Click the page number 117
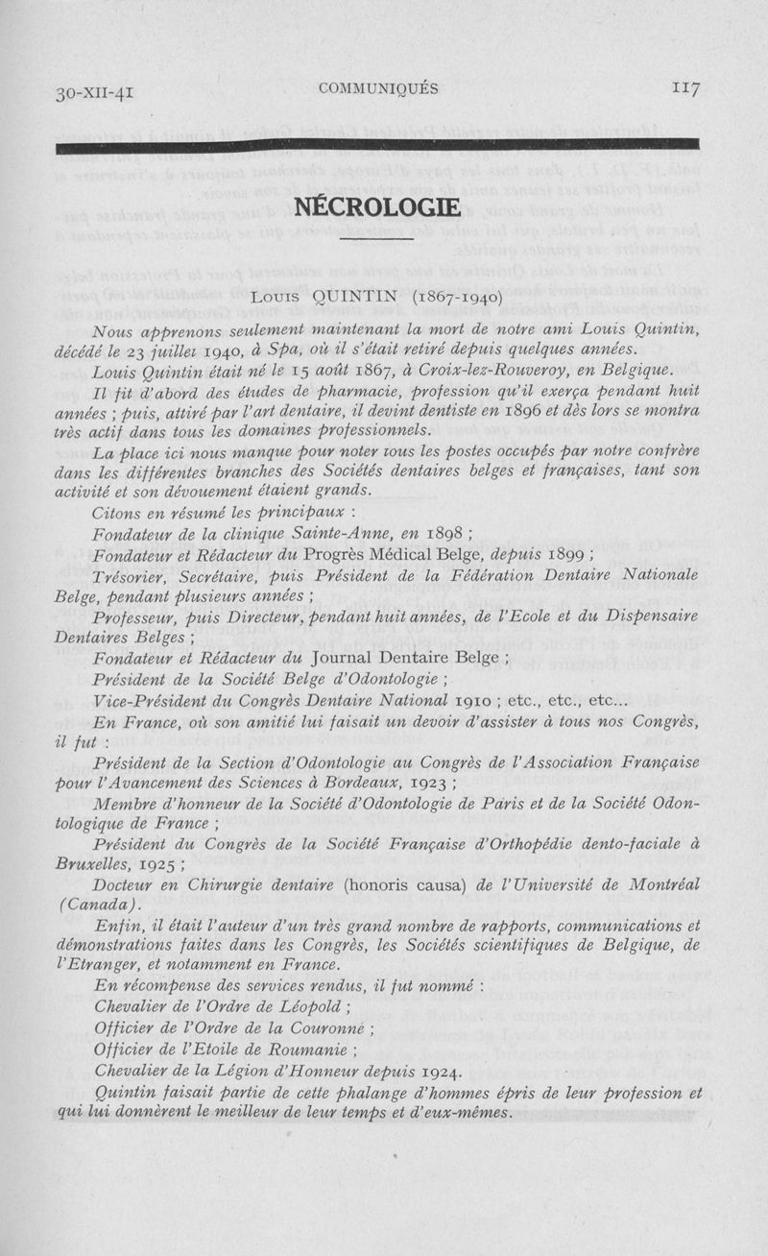685,88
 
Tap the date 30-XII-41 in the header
94,92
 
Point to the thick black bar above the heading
378,146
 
